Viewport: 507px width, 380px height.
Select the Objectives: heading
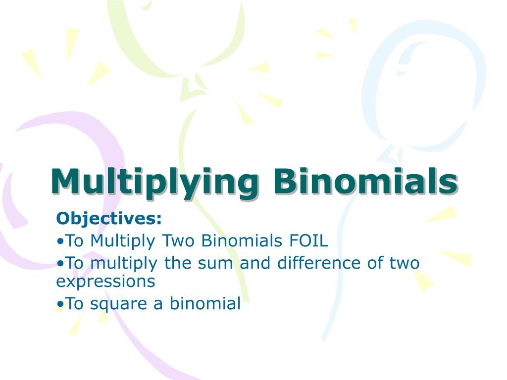pyautogui.click(x=109, y=218)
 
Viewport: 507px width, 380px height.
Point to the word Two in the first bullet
pyautogui.click(x=178, y=241)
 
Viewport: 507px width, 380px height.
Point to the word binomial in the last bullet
pyautogui.click(x=205, y=303)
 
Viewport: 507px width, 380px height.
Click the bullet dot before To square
pyautogui.click(x=60, y=304)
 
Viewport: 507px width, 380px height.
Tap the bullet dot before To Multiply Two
pyautogui.click(x=60, y=241)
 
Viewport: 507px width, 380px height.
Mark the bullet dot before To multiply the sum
pyautogui.click(x=60, y=263)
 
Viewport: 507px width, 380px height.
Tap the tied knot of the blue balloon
pyautogui.click(x=391, y=151)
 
